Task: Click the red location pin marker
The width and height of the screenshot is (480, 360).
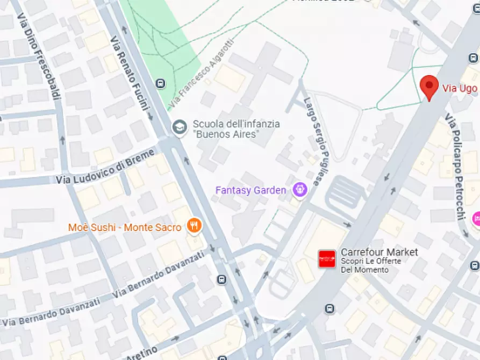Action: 428,87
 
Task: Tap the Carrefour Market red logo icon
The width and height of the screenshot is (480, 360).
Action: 327,259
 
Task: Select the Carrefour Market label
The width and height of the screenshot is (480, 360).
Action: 379,252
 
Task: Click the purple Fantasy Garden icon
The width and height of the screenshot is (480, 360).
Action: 299,189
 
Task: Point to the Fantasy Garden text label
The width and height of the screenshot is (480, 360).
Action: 250,190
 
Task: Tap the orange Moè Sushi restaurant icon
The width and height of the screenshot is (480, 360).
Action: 194,226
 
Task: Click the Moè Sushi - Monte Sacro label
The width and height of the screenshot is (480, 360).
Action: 125,228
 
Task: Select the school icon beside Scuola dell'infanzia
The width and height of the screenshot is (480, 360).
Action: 178,127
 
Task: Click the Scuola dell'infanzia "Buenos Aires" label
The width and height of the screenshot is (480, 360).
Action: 236,128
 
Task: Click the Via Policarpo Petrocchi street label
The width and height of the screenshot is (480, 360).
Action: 455,167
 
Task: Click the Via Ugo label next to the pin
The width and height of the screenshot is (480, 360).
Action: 460,88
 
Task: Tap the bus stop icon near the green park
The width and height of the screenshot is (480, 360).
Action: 160,83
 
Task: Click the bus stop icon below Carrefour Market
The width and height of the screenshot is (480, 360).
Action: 329,308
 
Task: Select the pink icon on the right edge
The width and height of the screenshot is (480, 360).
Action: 476,219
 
